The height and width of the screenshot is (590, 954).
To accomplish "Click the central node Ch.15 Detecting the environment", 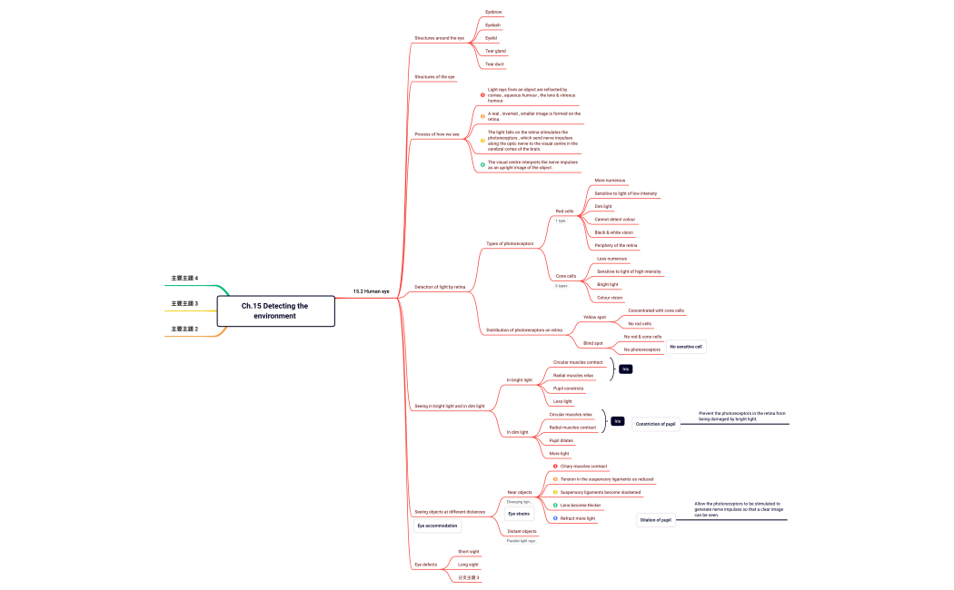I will [x=275, y=310].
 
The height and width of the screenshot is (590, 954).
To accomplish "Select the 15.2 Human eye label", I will [x=371, y=291].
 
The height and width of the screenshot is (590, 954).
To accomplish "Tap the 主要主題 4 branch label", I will [x=184, y=278].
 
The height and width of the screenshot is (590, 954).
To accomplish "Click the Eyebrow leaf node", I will [x=493, y=12].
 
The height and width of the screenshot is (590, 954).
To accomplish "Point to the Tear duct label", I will [x=494, y=64].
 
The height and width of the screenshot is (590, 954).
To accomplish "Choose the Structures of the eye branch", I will [x=435, y=77].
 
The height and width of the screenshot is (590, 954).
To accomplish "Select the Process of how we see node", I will [x=437, y=134].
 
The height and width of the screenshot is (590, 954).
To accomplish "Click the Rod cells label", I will [x=564, y=211].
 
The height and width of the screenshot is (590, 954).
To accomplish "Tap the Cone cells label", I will [x=566, y=276].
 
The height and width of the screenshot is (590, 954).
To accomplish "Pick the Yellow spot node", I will [x=594, y=317].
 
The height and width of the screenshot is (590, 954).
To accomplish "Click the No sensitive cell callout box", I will [x=686, y=347].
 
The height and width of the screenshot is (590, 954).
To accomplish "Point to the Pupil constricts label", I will [x=569, y=388].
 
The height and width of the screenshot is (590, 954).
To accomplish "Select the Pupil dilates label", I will [x=561, y=440].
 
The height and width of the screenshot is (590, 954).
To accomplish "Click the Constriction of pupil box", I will [x=655, y=424].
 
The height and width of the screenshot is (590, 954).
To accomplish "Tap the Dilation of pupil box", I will [x=656, y=520].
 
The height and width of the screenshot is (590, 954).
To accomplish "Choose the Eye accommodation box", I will [x=437, y=526].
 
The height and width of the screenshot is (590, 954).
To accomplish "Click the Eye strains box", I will [x=520, y=514].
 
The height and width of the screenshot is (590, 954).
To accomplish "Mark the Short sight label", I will [x=468, y=552].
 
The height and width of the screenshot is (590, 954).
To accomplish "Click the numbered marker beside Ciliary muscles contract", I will [x=555, y=467].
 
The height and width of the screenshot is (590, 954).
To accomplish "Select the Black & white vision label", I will [x=614, y=232].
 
